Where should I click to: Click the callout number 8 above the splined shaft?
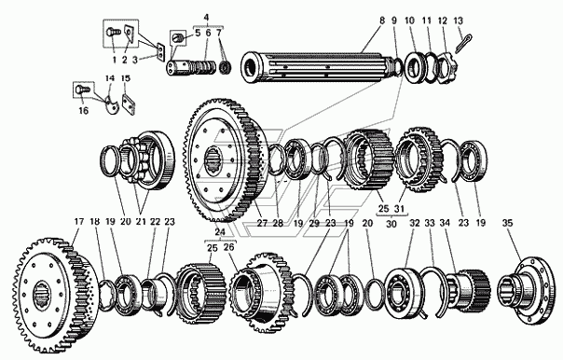click(381, 21)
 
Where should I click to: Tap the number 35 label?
click(507, 223)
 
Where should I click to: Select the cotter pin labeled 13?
click(463, 43)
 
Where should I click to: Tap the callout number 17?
click(78, 222)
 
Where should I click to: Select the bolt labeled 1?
click(112, 34)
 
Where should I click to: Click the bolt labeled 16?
click(80, 89)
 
